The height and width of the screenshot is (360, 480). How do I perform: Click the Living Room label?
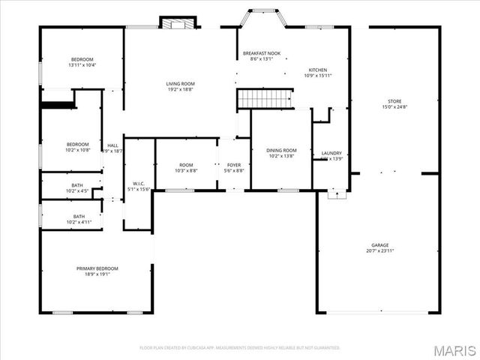pos(180,83)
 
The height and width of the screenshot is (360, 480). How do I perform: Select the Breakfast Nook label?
pos(261,54)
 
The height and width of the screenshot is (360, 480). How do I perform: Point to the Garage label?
pos(380,245)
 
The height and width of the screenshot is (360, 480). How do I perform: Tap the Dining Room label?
pos(281,151)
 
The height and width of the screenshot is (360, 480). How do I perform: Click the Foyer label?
pos(234,165)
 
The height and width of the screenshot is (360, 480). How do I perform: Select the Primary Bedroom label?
pos(97,268)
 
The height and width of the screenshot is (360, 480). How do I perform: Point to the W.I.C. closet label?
pos(139,184)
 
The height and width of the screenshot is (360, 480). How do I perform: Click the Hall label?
pos(112,145)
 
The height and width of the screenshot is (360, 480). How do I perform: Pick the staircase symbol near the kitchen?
pos(263,98)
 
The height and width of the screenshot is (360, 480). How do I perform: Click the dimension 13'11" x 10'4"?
pos(82,65)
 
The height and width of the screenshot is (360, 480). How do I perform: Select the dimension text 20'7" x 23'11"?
pos(380,250)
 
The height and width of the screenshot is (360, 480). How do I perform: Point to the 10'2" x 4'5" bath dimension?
pos(77,191)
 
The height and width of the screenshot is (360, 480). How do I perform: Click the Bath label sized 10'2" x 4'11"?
pos(78,217)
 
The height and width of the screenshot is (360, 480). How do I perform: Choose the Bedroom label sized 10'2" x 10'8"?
pos(77,145)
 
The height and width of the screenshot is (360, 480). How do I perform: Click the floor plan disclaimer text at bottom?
pos(240,348)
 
